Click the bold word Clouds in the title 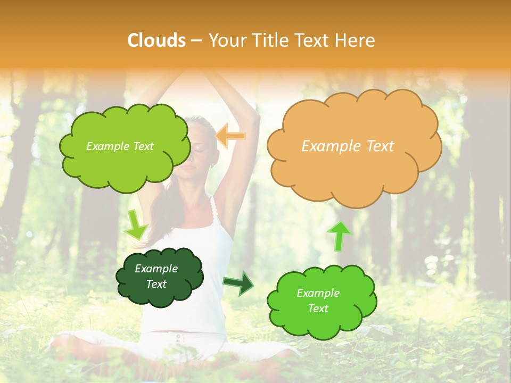point(156,40)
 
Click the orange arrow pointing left point(230,137)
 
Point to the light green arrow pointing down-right point(136,225)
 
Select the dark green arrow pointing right point(238,284)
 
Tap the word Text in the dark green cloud point(156,284)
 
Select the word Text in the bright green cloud point(318,309)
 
